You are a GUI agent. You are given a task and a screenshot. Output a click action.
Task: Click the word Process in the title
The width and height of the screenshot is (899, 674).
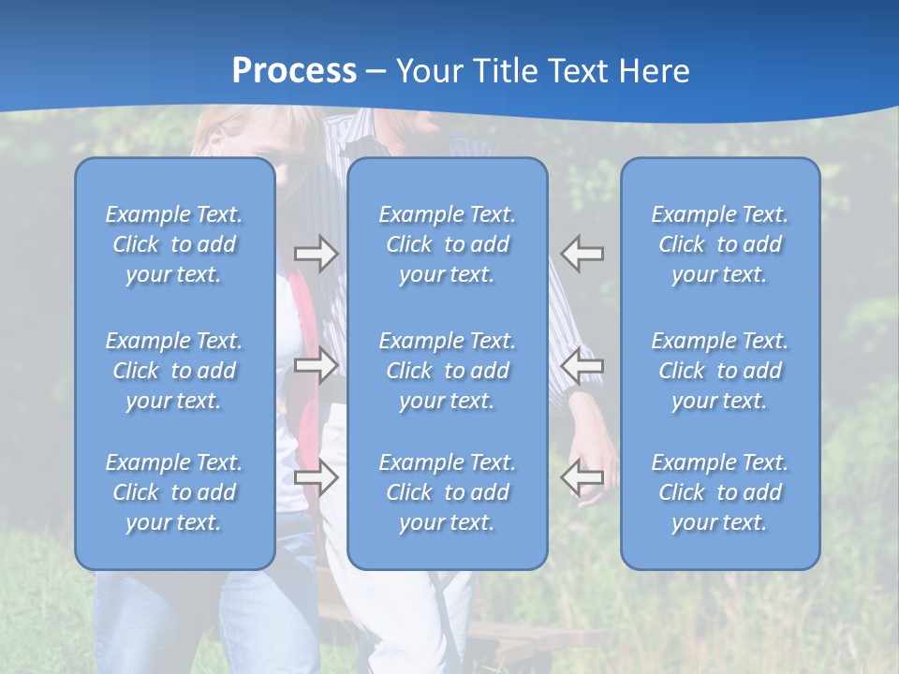click(x=294, y=71)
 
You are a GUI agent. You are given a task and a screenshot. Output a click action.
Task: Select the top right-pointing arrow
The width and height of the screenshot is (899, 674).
click(x=317, y=254)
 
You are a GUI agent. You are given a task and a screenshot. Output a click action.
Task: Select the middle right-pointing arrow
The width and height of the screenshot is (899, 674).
click(x=317, y=365)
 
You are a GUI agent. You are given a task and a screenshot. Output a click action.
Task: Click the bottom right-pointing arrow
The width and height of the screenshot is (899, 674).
click(x=317, y=477)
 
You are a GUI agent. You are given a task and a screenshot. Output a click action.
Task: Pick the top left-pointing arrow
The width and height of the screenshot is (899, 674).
click(x=582, y=254)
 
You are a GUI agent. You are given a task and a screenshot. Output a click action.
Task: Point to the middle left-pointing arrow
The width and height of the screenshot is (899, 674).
click(x=582, y=365)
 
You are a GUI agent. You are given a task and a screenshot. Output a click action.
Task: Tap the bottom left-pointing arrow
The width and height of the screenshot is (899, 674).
click(x=582, y=477)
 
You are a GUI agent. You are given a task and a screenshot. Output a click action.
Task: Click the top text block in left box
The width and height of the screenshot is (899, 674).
click(x=174, y=244)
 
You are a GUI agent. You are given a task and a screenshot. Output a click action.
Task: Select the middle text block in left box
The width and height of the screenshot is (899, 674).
click(x=174, y=371)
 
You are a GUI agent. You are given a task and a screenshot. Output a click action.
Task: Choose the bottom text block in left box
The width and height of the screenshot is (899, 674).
click(x=174, y=492)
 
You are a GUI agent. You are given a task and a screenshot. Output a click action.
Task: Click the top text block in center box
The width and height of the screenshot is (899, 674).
click(x=447, y=244)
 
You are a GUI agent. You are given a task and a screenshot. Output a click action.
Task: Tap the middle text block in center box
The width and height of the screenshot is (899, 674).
click(x=447, y=371)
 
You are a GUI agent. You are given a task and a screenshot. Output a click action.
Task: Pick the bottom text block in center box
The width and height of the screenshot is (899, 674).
click(x=447, y=492)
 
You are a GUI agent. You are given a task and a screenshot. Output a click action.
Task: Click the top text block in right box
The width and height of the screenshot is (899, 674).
click(x=719, y=244)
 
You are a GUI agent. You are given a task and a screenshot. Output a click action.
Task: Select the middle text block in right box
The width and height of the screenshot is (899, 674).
click(x=719, y=371)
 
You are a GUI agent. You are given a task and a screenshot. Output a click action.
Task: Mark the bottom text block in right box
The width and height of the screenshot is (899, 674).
click(x=719, y=492)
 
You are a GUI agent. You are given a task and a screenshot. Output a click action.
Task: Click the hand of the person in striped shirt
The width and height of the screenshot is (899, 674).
click(x=600, y=468)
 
